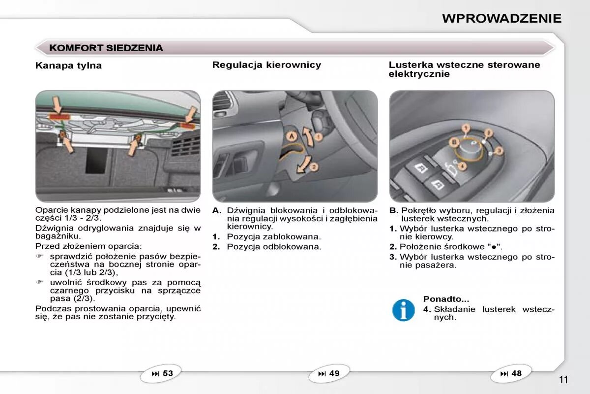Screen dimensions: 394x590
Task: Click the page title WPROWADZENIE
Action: pyautogui.click(x=501, y=18)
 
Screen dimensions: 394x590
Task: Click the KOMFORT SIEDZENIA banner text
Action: pyautogui.click(x=106, y=48)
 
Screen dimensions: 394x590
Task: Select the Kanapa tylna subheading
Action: pyautogui.click(x=68, y=65)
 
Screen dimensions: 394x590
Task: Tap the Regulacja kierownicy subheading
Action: pyautogui.click(x=266, y=65)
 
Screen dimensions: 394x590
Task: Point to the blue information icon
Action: pyautogui.click(x=403, y=310)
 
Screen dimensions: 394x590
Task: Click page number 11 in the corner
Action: pyautogui.click(x=563, y=379)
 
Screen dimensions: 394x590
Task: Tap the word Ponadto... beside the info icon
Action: pyautogui.click(x=446, y=299)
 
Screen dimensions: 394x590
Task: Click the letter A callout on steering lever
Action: pyautogui.click(x=292, y=135)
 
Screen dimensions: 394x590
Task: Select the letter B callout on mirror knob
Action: pyautogui.click(x=455, y=142)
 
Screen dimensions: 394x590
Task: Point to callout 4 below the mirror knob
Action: pyautogui.click(x=463, y=166)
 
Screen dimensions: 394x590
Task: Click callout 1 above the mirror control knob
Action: pyautogui.click(x=465, y=128)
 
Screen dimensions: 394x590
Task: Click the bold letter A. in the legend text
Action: pyautogui.click(x=217, y=211)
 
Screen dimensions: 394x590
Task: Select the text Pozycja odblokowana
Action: pyautogui.click(x=274, y=246)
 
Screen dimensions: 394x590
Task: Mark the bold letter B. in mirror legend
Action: pyautogui.click(x=393, y=211)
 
